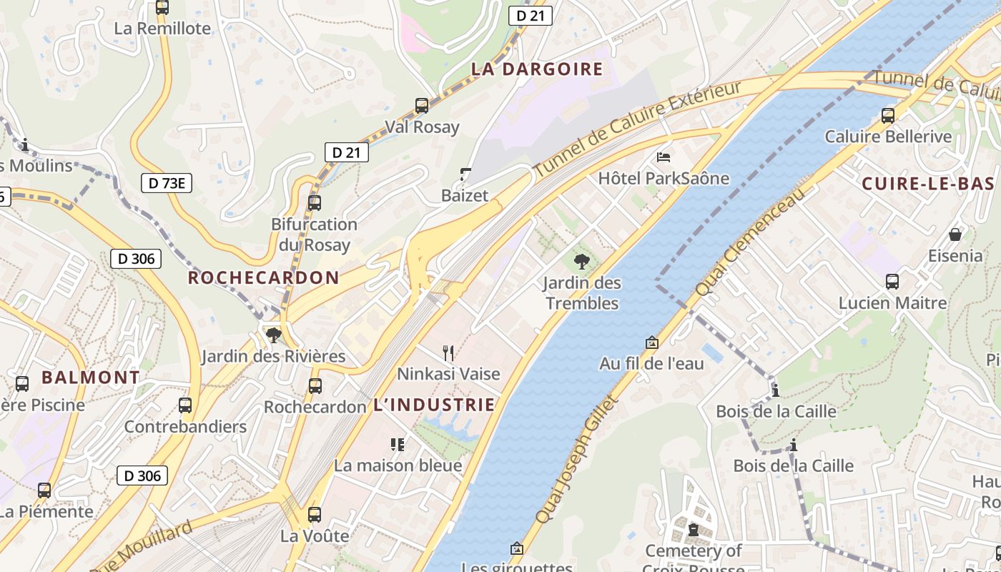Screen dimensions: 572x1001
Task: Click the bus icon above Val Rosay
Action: tap(422, 106)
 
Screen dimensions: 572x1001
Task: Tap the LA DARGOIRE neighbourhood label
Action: tap(537, 69)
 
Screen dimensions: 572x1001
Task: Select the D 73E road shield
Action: tap(166, 183)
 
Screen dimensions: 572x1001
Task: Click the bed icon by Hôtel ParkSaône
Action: tap(664, 157)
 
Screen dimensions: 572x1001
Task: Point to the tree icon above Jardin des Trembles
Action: tap(582, 261)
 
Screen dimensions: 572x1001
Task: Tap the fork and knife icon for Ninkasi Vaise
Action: tap(448, 352)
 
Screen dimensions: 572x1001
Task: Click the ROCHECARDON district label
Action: tap(263, 278)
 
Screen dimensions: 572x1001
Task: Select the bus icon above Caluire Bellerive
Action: tap(888, 115)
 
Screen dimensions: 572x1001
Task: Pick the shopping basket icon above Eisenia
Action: tap(955, 234)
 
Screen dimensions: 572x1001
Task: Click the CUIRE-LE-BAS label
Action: tap(928, 184)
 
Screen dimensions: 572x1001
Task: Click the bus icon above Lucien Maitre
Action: tap(892, 281)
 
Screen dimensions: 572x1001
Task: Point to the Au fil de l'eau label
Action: tap(651, 363)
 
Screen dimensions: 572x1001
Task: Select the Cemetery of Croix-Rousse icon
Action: tap(693, 530)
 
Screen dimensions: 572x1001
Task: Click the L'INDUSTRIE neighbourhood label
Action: tap(434, 405)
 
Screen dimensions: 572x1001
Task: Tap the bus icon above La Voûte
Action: tap(314, 514)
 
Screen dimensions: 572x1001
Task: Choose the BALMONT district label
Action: tap(90, 378)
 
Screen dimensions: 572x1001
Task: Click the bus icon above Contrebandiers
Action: tap(185, 405)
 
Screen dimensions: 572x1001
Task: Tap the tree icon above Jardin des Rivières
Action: tap(273, 335)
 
